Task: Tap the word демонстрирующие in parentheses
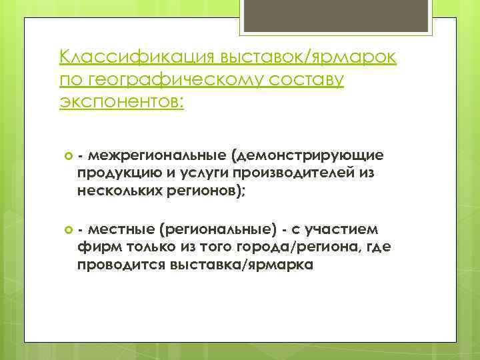tap(307, 155)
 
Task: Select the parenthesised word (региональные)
tap(217, 230)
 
